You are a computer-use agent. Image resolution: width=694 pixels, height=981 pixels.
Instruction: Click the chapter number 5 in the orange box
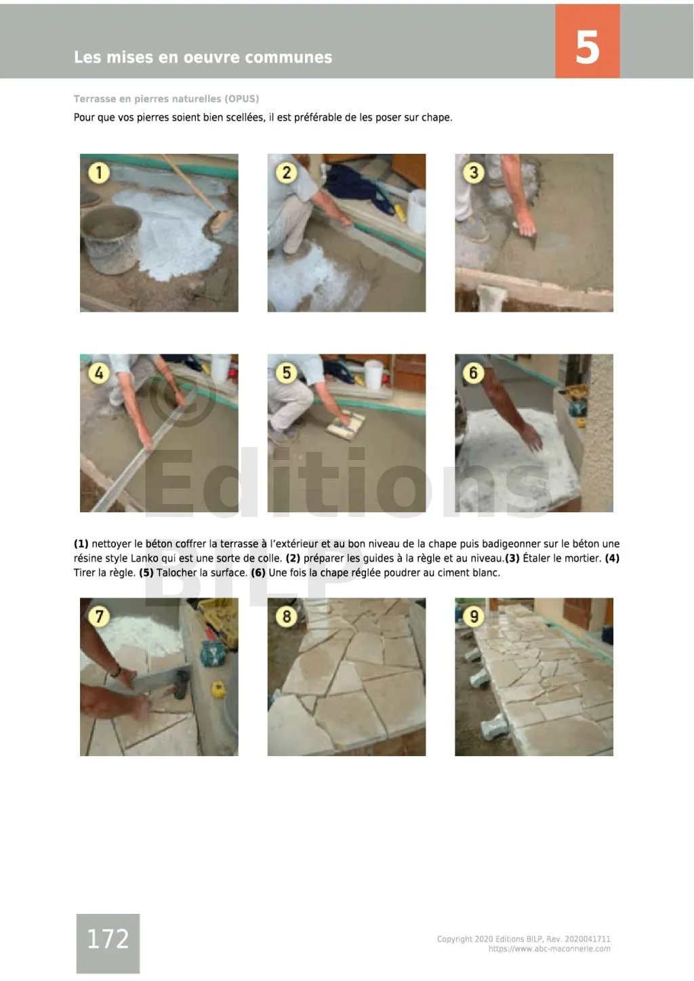pos(587,47)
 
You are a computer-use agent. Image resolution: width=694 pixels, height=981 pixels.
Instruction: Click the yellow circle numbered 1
pos(98,173)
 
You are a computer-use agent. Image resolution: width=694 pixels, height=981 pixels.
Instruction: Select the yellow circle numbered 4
pos(98,373)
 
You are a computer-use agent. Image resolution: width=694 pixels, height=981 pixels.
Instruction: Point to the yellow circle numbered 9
pos(474,617)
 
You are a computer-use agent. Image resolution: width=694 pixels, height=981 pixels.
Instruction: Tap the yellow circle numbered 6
pos(474,373)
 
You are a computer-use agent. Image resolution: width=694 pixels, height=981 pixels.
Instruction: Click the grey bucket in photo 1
pos(111,239)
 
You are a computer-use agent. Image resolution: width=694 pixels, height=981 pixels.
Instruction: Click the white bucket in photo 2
pos(417,211)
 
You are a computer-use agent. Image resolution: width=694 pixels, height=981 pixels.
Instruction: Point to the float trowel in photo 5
pos(346,424)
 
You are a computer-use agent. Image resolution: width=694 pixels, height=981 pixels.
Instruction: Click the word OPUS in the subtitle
pos(241,99)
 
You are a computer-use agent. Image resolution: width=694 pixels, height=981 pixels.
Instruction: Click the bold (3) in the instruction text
pos(512,558)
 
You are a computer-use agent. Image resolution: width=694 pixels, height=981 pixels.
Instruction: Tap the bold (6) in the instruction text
pos(258,573)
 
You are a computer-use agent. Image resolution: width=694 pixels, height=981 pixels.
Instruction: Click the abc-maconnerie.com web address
pos(550,949)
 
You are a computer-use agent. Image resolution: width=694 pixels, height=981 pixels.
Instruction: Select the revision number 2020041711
pos(588,939)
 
